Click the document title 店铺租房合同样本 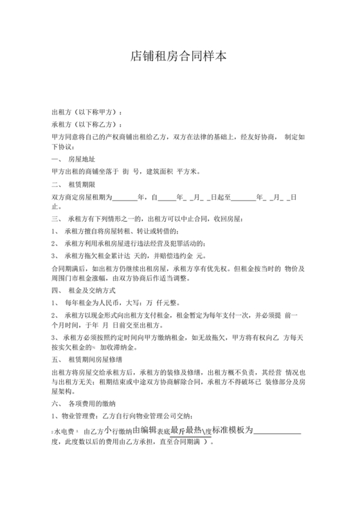click(x=179, y=56)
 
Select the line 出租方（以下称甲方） click(x=87, y=112)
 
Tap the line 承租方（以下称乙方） click(x=87, y=124)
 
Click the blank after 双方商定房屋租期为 click(x=124, y=197)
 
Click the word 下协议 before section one click(x=62, y=147)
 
